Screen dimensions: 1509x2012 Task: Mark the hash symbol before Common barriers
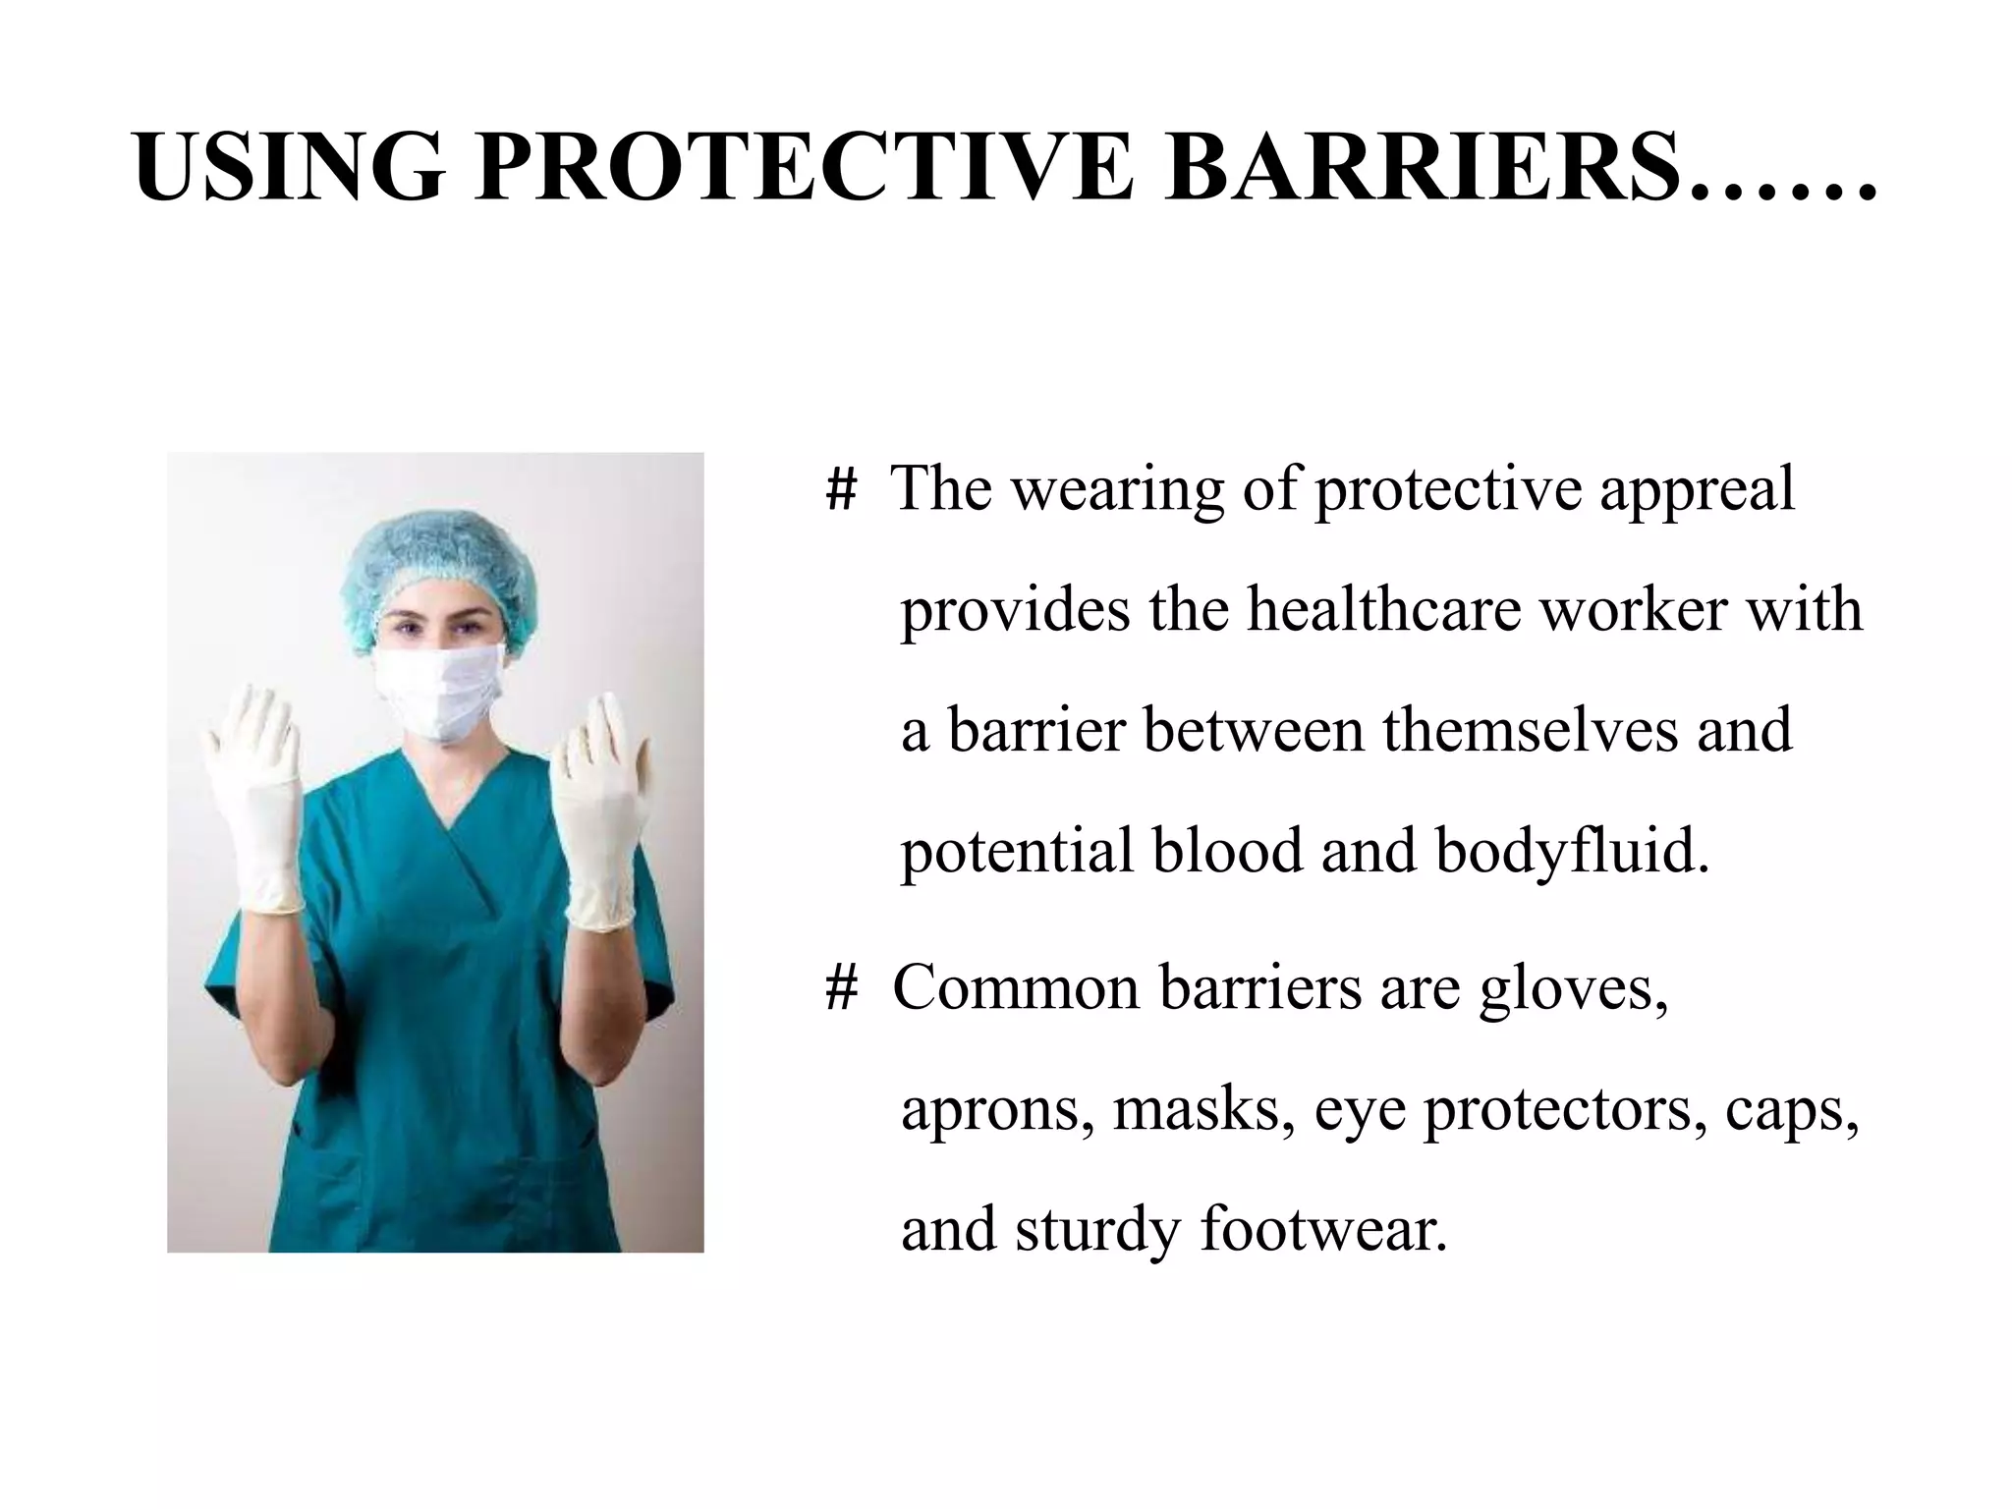841,988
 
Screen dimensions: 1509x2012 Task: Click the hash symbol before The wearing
841,489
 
